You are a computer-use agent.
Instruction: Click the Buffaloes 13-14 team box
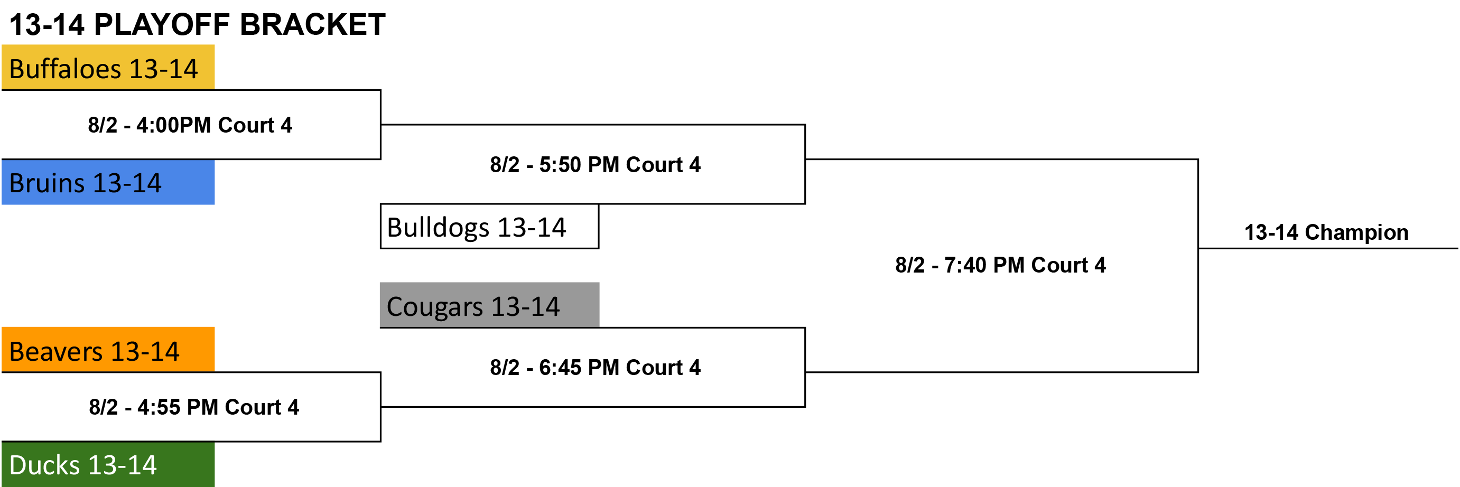pos(108,68)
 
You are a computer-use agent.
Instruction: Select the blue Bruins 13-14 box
pos(108,182)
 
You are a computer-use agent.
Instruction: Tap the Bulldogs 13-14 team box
pos(489,227)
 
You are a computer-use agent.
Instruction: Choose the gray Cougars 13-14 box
pos(489,305)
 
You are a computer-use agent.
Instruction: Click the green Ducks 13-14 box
pos(108,464)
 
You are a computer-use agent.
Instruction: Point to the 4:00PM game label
pos(190,125)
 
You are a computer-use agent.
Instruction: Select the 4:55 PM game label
pos(194,407)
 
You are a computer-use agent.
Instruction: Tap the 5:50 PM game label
pos(595,165)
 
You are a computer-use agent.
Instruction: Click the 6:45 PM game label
pos(595,368)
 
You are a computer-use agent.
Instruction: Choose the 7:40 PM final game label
pos(1000,265)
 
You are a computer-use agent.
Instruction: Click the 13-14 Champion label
pos(1326,233)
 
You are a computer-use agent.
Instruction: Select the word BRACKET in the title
pos(312,25)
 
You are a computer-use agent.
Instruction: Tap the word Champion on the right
pos(1356,233)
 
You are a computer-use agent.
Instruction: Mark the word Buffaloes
pos(65,69)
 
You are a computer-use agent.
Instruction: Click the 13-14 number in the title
pos(47,25)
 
